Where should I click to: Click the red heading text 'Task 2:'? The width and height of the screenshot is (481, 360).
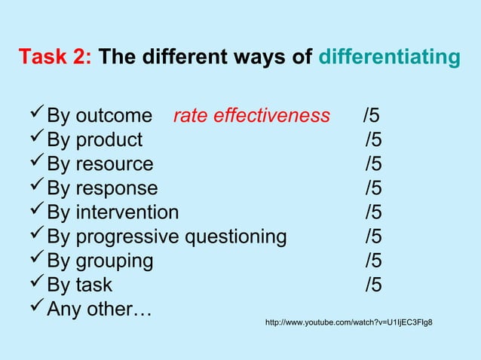(x=56, y=58)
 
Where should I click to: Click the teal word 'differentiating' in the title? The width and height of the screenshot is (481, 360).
(x=389, y=58)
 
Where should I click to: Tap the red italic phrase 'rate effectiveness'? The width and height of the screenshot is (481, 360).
(x=251, y=116)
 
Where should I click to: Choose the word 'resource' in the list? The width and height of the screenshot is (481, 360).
(x=114, y=164)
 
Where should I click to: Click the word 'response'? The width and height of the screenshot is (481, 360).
(x=117, y=188)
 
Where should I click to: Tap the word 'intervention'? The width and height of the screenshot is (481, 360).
(x=127, y=212)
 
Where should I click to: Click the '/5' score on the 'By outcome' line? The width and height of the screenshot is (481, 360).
(x=371, y=116)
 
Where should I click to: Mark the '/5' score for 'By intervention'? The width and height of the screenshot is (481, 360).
(x=373, y=212)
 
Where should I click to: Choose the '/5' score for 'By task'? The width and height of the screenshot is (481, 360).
(x=373, y=285)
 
